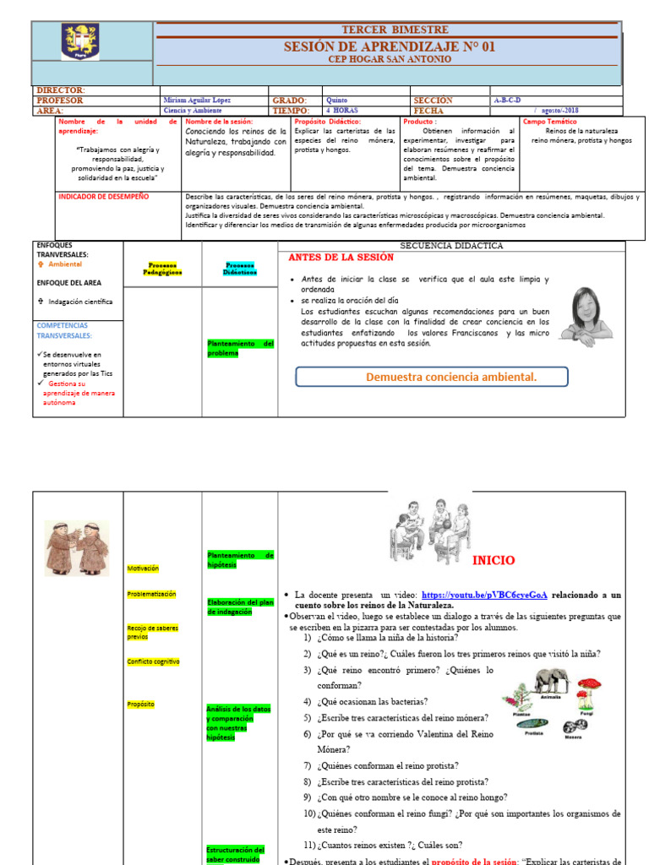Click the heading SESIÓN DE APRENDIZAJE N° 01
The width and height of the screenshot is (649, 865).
tap(390, 46)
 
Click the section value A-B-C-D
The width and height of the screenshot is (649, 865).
tap(507, 100)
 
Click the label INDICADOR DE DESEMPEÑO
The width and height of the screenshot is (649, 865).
tap(103, 196)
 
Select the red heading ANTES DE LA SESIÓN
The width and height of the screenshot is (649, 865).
tap(341, 258)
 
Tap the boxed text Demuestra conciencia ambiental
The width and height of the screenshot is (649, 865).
tap(450, 377)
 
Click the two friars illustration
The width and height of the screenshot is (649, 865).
tap(77, 547)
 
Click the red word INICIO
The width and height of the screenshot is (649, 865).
tap(494, 560)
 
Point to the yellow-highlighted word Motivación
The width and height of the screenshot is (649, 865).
tap(143, 569)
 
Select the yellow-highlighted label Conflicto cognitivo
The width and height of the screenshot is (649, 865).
tap(153, 661)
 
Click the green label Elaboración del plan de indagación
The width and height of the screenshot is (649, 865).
tap(241, 607)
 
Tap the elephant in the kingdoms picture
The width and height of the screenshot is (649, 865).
tap(550, 682)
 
